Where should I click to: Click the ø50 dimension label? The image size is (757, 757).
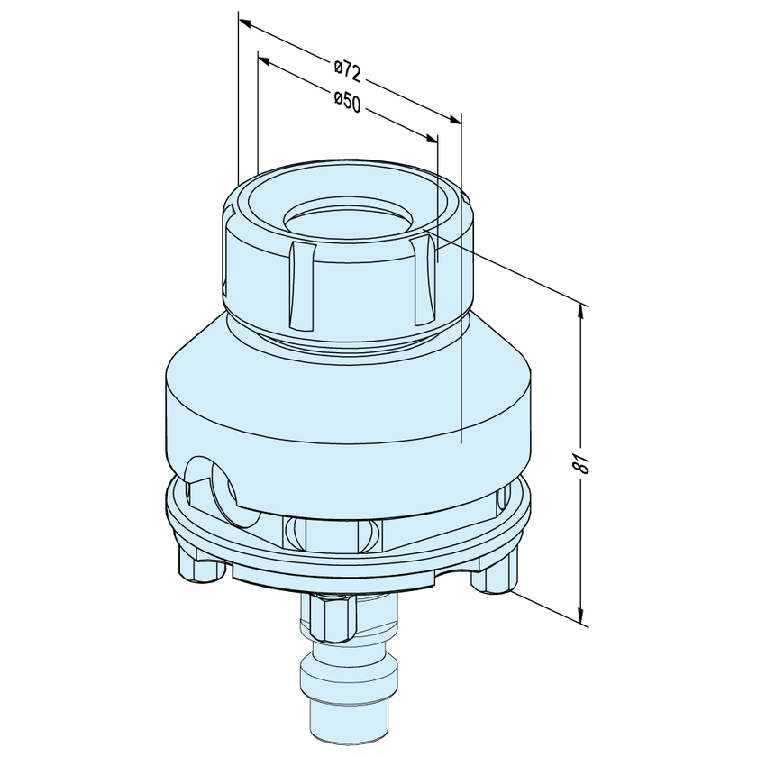[347, 103]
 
